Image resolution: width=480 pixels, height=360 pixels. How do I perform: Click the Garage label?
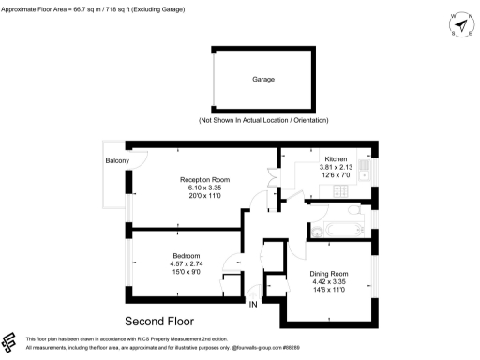click(263, 80)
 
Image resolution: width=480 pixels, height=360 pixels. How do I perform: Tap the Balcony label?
click(117, 160)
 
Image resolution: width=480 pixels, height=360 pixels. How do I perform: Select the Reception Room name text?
click(204, 179)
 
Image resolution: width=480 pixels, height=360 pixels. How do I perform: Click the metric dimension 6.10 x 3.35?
click(204, 187)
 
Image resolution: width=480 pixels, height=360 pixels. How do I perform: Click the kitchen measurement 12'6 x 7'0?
click(336, 174)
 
